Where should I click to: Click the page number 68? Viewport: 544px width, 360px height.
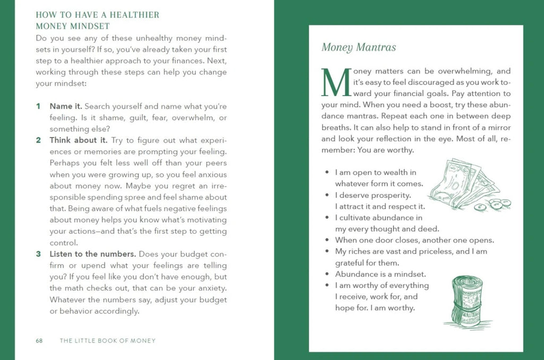[x=39, y=340]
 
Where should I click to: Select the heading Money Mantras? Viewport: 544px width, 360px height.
[x=359, y=47]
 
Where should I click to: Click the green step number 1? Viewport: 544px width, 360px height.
[x=38, y=106]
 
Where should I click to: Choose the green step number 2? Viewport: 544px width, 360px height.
[x=38, y=141]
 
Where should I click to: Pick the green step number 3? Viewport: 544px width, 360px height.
[x=38, y=254]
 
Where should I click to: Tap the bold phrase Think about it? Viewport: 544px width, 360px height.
[x=79, y=141]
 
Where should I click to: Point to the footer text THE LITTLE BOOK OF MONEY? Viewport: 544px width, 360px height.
[x=108, y=340]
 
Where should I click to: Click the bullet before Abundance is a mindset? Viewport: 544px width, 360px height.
[x=326, y=275]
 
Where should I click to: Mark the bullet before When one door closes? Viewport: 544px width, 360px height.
[x=326, y=240]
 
